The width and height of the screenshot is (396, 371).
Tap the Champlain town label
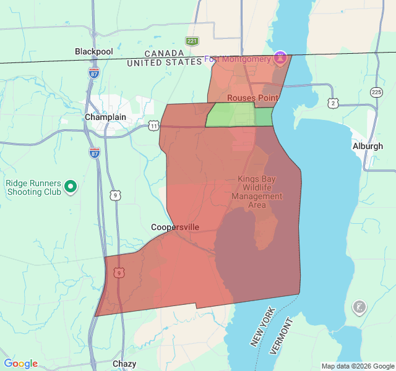105,117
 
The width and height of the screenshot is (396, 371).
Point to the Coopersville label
175,227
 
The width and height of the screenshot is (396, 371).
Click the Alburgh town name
368,147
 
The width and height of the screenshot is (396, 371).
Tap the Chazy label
124,364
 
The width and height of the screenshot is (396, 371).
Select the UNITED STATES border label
164,62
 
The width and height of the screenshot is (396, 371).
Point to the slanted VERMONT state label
284,335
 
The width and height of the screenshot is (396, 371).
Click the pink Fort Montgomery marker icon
280,57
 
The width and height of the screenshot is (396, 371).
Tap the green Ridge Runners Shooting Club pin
71,185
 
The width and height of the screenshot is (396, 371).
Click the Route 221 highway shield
192,41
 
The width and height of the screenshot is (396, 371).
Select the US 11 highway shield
153,126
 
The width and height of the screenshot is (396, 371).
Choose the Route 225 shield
376,92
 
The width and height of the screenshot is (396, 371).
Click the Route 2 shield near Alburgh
334,103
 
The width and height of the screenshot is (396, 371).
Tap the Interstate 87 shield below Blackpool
93,72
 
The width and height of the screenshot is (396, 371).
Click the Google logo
20,364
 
